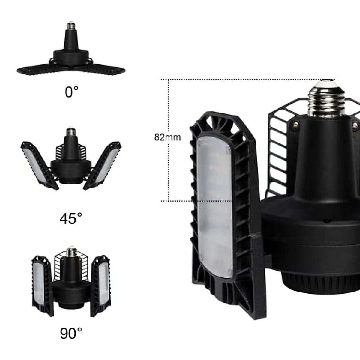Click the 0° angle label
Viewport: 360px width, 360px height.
click(71, 92)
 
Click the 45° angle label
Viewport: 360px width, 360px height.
click(71, 218)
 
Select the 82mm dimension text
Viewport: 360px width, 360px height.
click(167, 137)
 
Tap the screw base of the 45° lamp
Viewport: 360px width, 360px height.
click(70, 132)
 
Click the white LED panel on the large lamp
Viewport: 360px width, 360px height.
click(215, 207)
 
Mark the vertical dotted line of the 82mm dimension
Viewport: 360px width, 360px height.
click(169, 168)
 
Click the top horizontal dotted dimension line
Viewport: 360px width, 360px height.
click(240, 79)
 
